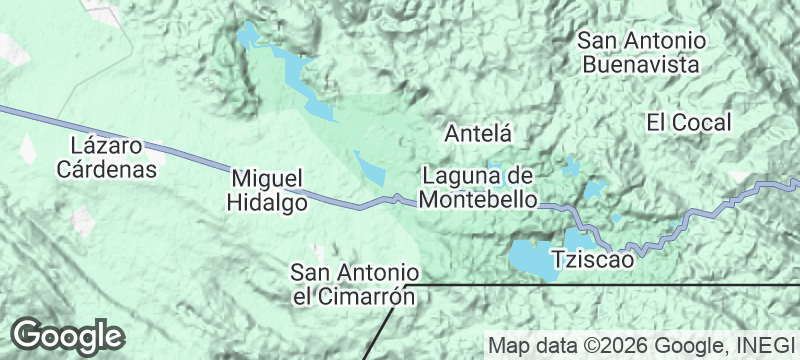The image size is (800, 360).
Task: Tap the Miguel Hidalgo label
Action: tap(266, 188)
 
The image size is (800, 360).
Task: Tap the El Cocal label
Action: tap(689, 123)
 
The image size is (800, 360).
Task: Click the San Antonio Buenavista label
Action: tap(643, 53)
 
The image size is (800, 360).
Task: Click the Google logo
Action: tap(68, 334)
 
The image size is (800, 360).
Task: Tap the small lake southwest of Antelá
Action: tap(368, 168)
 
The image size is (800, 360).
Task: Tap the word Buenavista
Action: tap(643, 65)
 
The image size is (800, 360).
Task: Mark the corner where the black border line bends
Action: tap(409, 286)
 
